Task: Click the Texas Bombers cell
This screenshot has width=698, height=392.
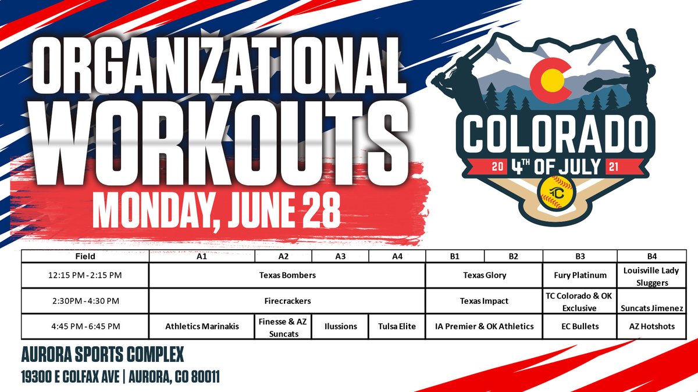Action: (x=287, y=275)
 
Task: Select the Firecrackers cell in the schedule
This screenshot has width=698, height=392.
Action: (x=287, y=301)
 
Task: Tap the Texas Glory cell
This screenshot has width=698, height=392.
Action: (x=484, y=275)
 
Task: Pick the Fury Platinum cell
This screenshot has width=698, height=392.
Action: (x=579, y=275)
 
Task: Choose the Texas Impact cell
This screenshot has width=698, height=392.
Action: (x=484, y=301)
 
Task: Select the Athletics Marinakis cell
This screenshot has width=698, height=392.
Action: (x=202, y=326)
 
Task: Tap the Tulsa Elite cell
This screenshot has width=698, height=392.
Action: (x=397, y=326)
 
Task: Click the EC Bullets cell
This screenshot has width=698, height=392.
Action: (x=579, y=326)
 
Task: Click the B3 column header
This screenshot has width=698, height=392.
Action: (x=579, y=256)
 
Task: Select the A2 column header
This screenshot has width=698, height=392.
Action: (x=283, y=256)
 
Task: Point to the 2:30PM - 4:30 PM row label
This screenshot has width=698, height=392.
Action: (x=85, y=301)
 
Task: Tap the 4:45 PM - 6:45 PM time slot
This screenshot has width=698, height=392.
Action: (x=85, y=326)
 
